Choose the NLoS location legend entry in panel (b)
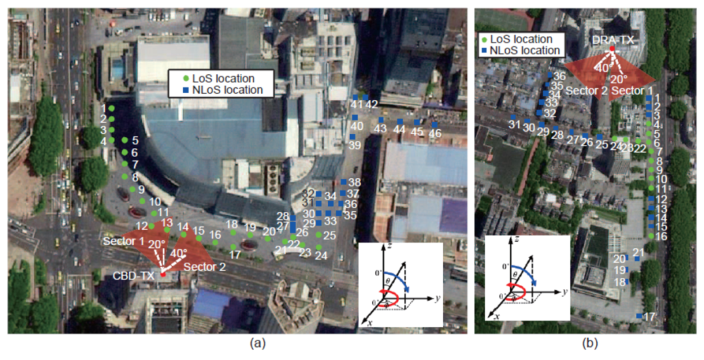tap(526, 50)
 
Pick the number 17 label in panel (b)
tap(649, 317)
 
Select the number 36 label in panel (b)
tap(559, 76)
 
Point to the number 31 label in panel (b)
tap(514, 125)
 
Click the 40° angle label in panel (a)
tap(178, 253)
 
